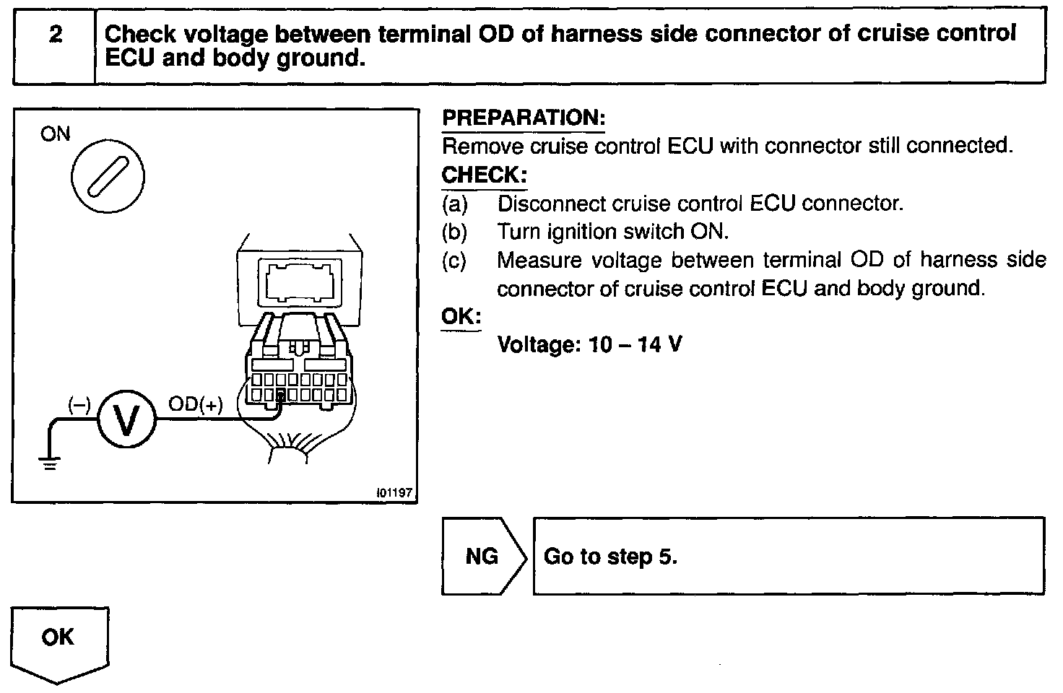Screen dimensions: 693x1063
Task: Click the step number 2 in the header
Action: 55,35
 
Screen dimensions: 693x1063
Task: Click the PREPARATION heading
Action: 523,118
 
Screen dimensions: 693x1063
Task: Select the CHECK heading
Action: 484,175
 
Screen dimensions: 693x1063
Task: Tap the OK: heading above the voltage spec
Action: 461,317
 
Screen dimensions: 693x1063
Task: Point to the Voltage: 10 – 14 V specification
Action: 589,344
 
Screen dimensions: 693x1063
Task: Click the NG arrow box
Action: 482,556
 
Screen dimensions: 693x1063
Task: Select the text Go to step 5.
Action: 610,557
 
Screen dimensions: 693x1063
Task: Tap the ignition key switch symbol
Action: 108,177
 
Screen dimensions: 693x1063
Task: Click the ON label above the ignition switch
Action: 56,134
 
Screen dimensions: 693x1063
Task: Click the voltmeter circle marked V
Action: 126,421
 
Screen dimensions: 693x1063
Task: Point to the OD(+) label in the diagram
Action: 195,404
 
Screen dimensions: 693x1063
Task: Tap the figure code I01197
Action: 394,492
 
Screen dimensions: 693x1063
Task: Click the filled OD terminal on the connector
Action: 281,395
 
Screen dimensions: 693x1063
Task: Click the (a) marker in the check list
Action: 455,204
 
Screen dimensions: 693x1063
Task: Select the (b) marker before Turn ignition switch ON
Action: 455,232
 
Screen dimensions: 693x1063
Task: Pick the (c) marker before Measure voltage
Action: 455,261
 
